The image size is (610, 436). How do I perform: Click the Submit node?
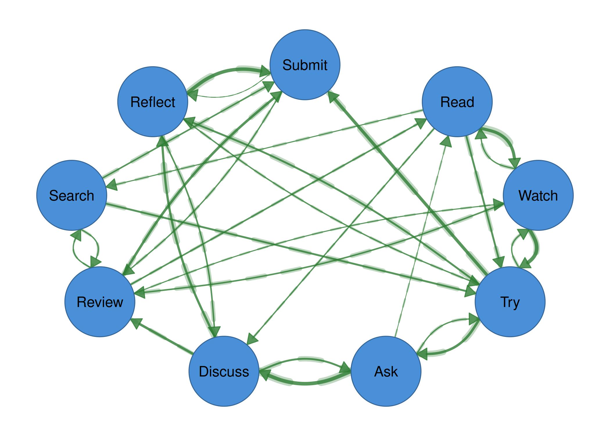(305, 65)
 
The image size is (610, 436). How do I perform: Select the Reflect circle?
(152, 102)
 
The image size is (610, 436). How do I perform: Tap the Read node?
(457, 102)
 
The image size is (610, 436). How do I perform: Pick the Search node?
(71, 195)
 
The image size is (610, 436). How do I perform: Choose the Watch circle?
(538, 195)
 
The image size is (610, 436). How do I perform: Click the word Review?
(100, 302)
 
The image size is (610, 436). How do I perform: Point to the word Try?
(510, 302)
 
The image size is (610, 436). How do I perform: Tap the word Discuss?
(224, 371)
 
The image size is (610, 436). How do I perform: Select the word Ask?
(386, 371)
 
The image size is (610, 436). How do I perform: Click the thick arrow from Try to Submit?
(407, 183)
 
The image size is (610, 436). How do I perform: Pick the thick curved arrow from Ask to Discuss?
(305, 384)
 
